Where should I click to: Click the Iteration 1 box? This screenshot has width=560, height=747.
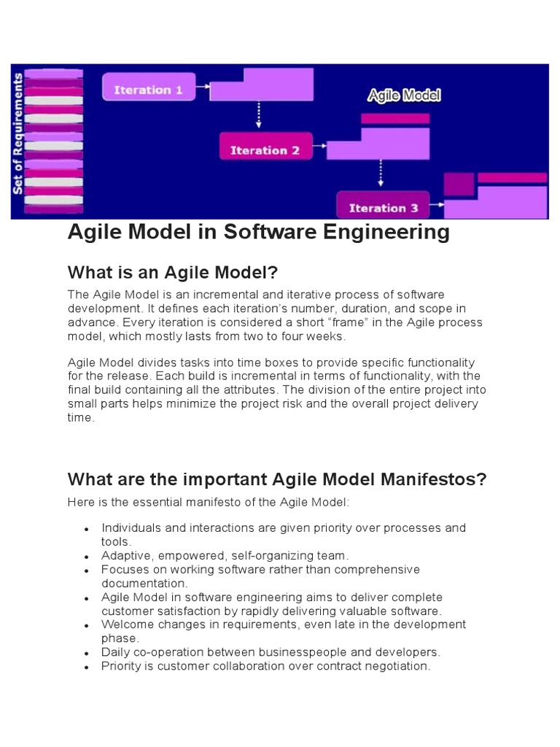(148, 90)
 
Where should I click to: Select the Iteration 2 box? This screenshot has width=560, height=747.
(265, 150)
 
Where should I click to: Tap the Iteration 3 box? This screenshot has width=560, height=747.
(384, 207)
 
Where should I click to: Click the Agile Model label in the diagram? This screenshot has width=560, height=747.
(403, 96)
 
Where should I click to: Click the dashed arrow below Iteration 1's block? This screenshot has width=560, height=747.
(259, 115)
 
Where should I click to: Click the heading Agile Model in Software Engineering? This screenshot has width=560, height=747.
(259, 232)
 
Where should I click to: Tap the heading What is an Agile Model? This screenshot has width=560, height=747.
(173, 273)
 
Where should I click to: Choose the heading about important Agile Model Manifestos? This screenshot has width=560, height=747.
(276, 479)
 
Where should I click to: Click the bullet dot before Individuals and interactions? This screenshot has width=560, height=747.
(87, 528)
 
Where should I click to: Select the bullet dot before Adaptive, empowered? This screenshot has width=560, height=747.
(87, 556)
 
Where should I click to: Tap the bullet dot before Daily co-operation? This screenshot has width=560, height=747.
(87, 653)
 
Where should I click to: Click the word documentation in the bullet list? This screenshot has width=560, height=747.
(144, 583)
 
